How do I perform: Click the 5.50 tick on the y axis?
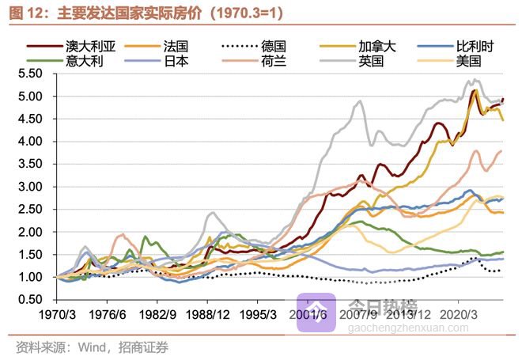[28, 74]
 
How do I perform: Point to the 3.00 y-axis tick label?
[28, 187]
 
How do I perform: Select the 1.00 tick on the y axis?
[28, 278]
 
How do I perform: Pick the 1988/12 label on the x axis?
[212, 313]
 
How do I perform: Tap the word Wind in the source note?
[88, 347]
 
